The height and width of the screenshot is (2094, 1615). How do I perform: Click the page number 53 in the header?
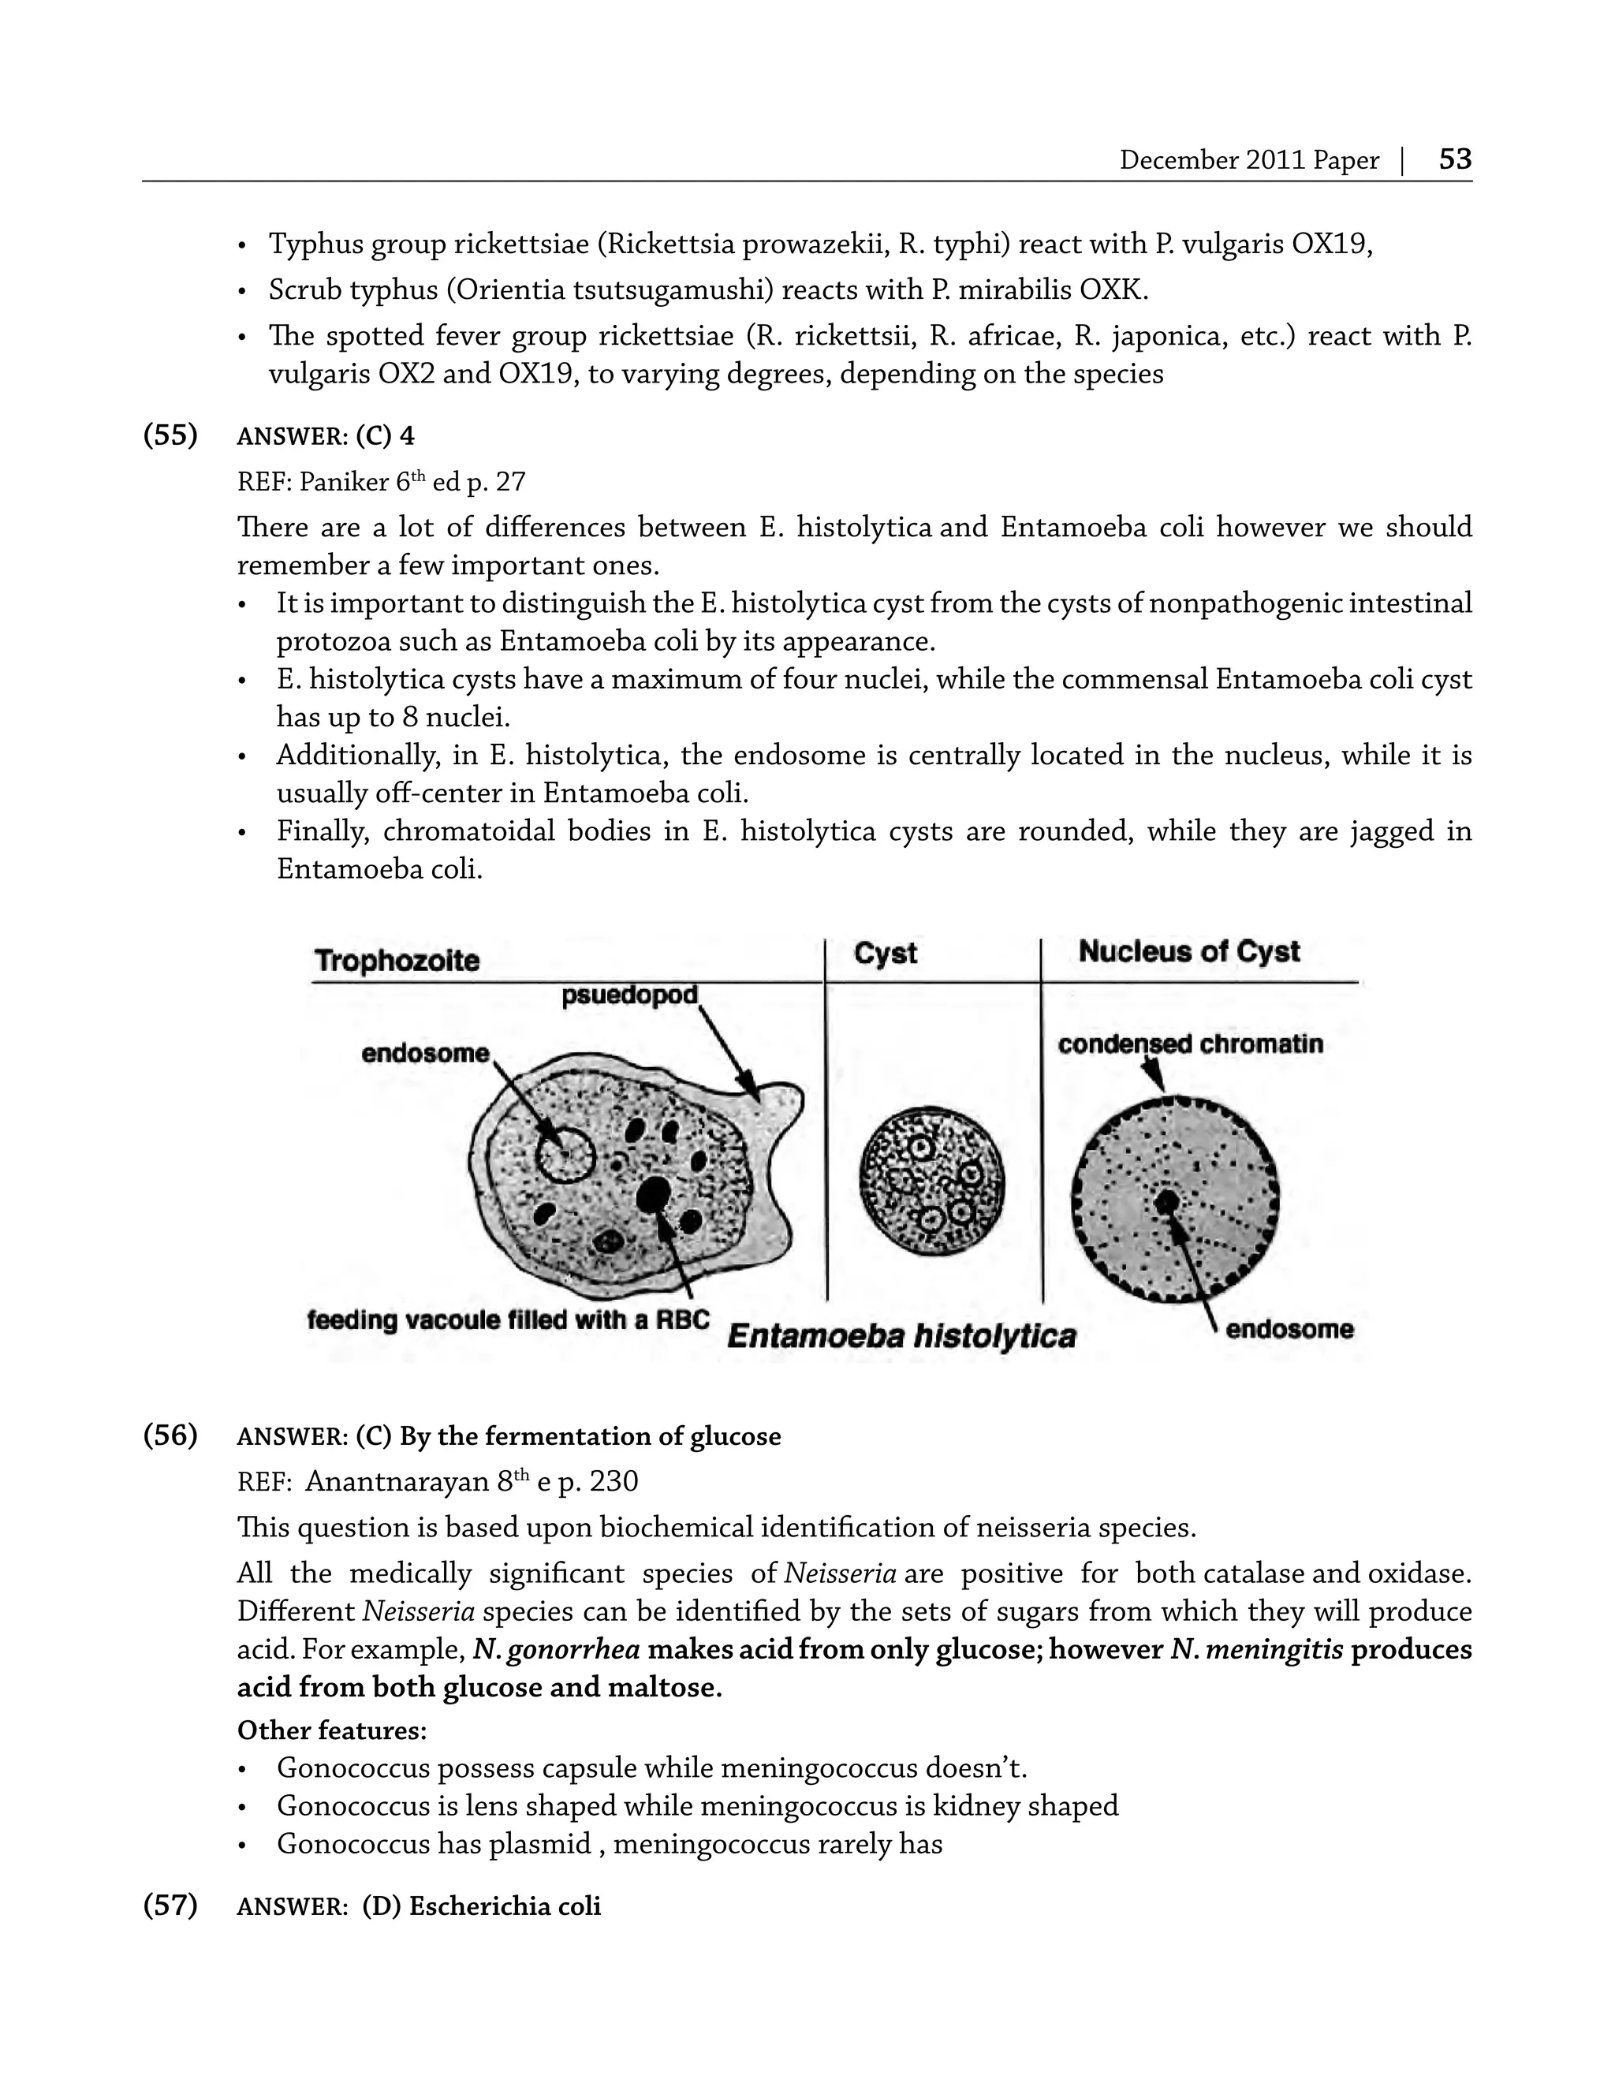click(1454, 159)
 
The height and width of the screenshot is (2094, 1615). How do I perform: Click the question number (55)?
click(170, 435)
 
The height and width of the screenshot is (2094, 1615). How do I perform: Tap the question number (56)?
click(170, 1435)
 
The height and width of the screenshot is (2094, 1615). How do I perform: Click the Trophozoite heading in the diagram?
click(397, 961)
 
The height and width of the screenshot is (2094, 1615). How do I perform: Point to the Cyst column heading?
click(885, 953)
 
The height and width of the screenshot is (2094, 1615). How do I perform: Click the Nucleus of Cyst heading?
click(1188, 951)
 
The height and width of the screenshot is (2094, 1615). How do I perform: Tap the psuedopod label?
click(630, 995)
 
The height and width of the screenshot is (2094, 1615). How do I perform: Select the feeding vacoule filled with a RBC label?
click(508, 1320)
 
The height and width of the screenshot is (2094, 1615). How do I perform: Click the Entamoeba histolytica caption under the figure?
click(901, 1335)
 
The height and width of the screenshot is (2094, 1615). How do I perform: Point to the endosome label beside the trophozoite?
click(424, 1054)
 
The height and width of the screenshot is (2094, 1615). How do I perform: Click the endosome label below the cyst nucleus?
click(1289, 1329)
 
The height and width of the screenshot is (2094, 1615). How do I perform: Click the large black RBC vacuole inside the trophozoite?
click(655, 1193)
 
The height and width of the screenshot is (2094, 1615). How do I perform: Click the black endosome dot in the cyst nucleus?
click(1166, 1201)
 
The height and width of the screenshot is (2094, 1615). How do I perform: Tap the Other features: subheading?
click(330, 1730)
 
